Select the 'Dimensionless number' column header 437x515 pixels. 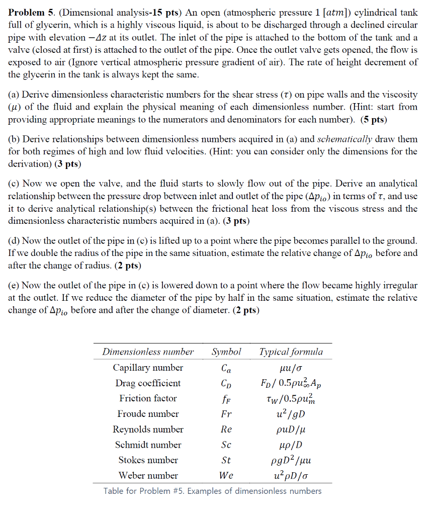(148, 352)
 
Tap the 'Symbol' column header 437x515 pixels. (226, 352)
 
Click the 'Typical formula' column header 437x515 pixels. (291, 352)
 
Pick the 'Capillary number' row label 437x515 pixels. (148, 368)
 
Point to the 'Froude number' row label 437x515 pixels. (148, 414)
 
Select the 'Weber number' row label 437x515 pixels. (148, 475)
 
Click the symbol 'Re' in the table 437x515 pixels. (226, 430)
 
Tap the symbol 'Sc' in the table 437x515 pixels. (226, 445)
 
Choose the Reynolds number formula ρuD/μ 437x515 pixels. (291, 430)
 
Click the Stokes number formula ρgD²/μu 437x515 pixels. (291, 460)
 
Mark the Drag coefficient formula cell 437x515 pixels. (291, 383)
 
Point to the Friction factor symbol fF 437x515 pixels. (226, 399)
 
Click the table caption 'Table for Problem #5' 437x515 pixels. (212, 491)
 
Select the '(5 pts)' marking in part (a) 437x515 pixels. (373, 119)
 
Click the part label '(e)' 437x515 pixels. (14, 285)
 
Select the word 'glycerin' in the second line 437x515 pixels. (44, 25)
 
